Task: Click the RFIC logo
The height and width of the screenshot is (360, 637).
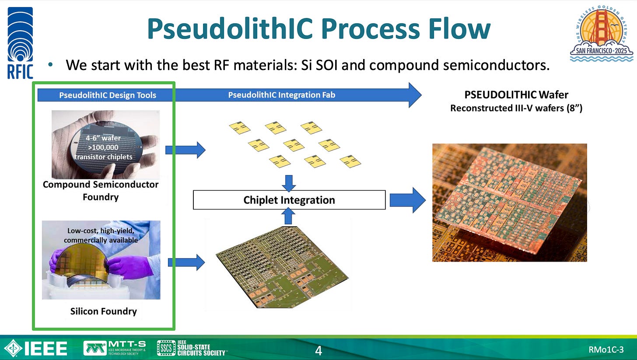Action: tap(20, 43)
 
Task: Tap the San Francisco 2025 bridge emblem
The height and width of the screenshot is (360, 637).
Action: tap(602, 31)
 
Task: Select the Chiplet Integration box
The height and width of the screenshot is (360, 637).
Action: tap(289, 200)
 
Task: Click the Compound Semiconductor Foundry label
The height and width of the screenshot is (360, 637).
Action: tap(101, 191)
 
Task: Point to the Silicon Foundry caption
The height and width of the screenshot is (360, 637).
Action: tap(104, 311)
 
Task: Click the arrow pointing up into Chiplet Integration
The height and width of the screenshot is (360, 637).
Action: tap(288, 216)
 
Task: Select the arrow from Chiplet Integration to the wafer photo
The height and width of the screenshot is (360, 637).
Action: tap(407, 200)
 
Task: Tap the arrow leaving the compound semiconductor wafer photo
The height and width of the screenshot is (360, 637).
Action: tap(185, 150)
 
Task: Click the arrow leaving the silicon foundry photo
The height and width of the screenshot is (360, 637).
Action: tap(186, 262)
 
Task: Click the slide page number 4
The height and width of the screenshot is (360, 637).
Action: tap(318, 351)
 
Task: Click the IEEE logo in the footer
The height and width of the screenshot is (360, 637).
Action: tap(35, 349)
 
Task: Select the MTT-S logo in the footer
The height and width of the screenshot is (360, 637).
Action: tap(115, 348)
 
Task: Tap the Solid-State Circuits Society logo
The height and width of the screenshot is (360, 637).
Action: tap(192, 348)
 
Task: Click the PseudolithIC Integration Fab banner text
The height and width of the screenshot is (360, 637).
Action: tap(282, 94)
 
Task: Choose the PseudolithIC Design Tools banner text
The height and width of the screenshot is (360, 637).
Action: tap(108, 95)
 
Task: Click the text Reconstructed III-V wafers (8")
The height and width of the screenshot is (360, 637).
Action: tap(516, 108)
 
